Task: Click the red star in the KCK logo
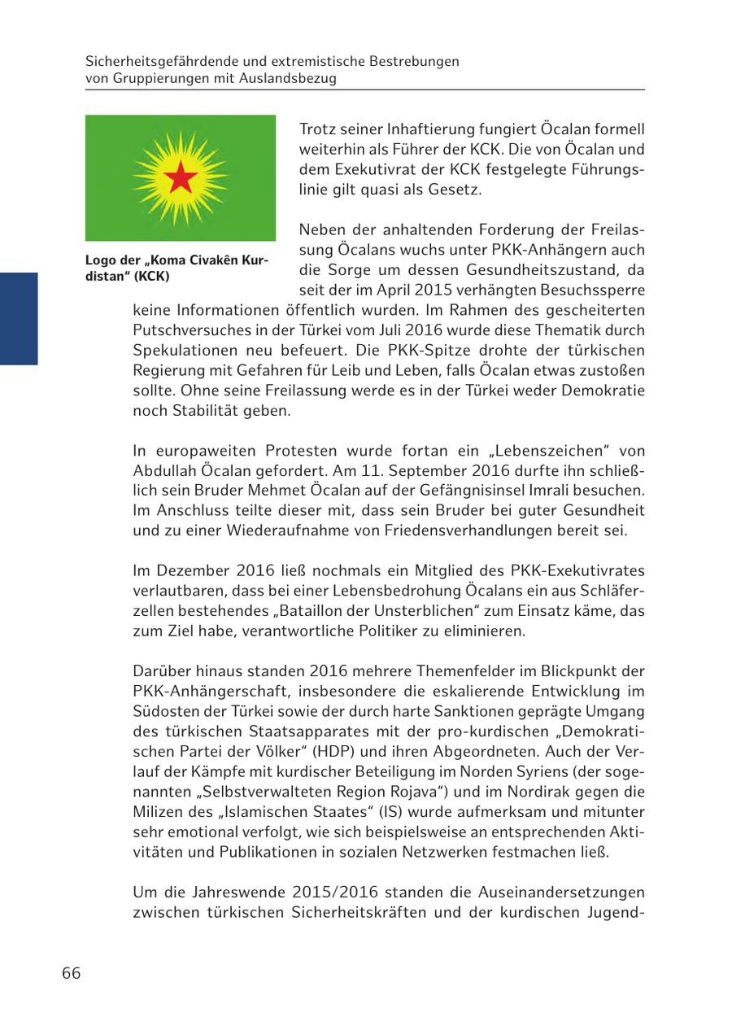click(181, 177)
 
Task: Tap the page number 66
click(71, 973)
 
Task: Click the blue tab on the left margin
click(19, 318)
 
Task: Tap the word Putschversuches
click(185, 330)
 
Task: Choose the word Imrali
click(593, 491)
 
